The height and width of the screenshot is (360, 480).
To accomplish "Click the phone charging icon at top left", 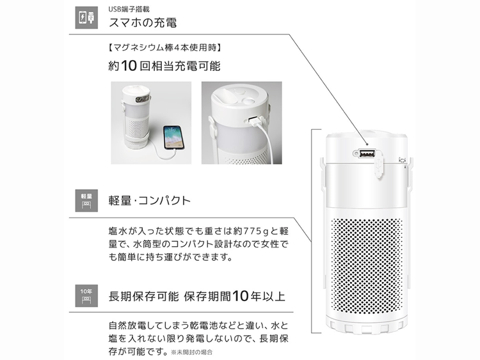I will (x=83, y=17).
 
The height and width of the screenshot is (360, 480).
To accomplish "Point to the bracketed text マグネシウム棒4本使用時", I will (x=166, y=47).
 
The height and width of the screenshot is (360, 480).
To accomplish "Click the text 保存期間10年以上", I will (x=234, y=296).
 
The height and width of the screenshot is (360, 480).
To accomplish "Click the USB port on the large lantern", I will (x=367, y=154).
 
